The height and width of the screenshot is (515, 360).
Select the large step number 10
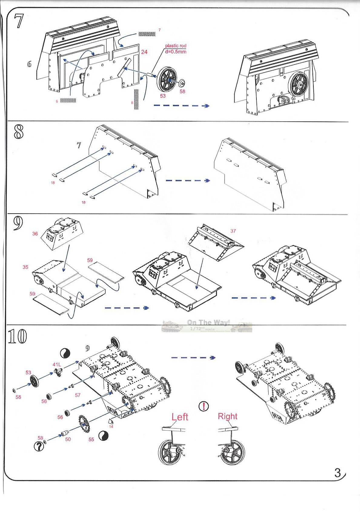(x=18, y=336)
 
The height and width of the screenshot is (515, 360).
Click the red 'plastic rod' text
(x=176, y=46)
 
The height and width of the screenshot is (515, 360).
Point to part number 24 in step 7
(x=144, y=52)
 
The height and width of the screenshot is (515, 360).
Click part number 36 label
(x=35, y=233)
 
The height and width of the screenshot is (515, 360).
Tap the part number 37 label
(x=233, y=231)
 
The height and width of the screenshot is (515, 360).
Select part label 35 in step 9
(x=25, y=267)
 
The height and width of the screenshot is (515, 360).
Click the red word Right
(x=228, y=416)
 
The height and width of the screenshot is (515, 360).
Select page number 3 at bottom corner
(x=338, y=473)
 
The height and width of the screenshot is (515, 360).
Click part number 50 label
(x=68, y=439)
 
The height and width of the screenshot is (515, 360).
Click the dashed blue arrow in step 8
(x=188, y=181)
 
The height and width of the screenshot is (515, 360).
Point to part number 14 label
(x=111, y=426)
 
